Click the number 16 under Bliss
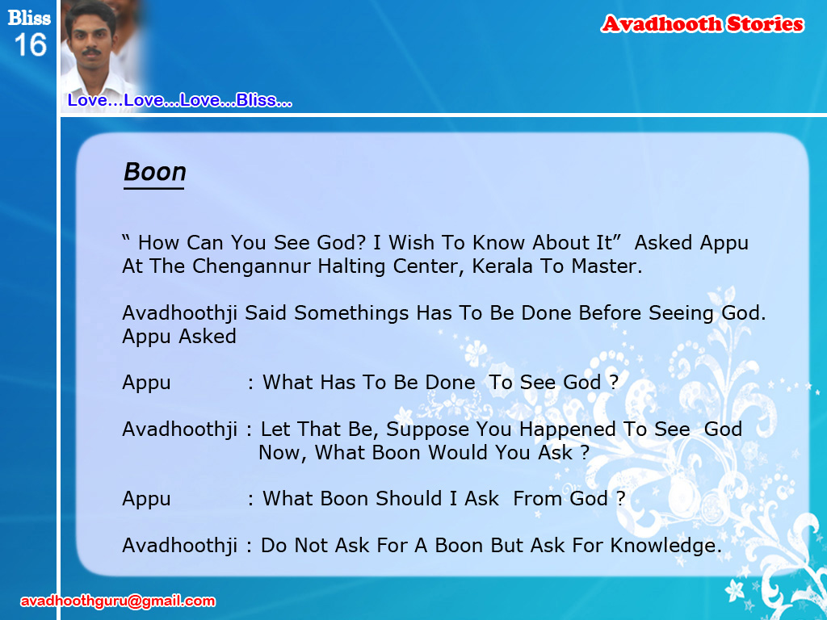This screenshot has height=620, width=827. click(x=30, y=45)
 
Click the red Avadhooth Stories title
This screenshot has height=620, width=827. click(x=702, y=23)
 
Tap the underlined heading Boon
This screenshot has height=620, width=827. click(x=154, y=172)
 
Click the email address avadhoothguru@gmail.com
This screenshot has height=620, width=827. click(x=118, y=601)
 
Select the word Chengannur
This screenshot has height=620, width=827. click(x=251, y=266)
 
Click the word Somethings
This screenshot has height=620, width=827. click(x=351, y=313)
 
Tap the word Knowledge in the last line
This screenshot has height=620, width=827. click(x=665, y=546)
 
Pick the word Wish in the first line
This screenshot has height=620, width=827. click(x=411, y=242)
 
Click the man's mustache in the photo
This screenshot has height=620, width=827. click(x=91, y=52)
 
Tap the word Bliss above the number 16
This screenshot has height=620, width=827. click(x=29, y=18)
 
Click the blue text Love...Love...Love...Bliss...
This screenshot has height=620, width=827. click(x=179, y=100)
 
